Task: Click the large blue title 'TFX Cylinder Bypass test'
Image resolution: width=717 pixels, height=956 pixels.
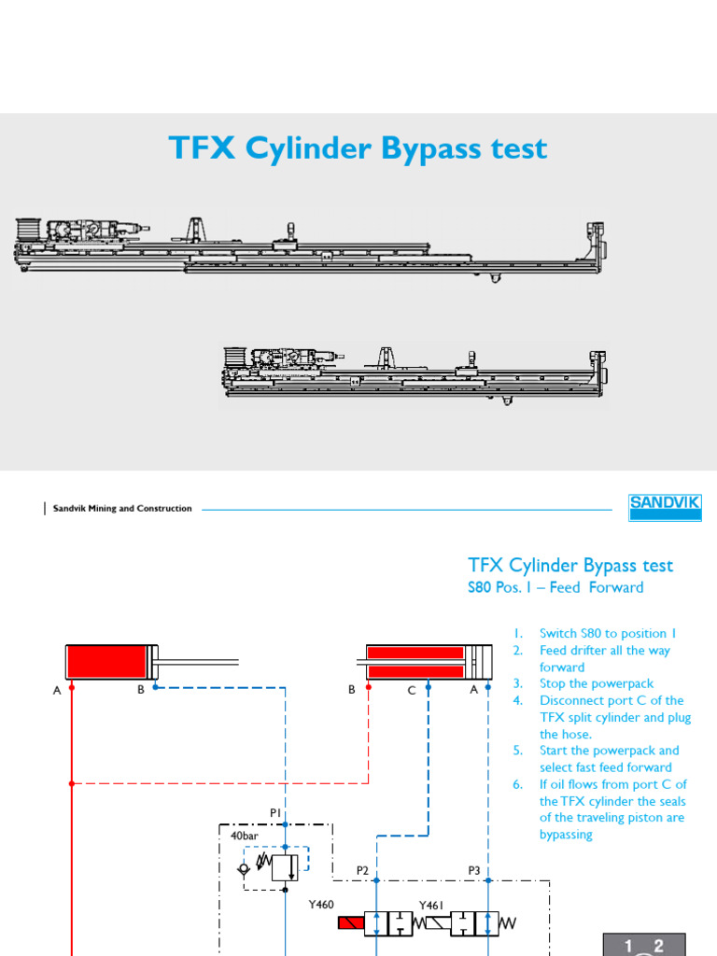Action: click(x=358, y=149)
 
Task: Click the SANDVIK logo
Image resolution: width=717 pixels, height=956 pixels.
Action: click(x=664, y=508)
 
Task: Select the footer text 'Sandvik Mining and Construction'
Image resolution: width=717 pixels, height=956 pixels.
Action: click(x=122, y=509)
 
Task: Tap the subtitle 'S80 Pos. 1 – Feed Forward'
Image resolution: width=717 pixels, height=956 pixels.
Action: click(x=555, y=587)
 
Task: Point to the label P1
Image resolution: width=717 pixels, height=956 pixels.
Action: click(x=275, y=813)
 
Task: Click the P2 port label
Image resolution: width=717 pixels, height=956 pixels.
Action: click(x=363, y=871)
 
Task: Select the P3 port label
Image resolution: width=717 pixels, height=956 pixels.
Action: click(x=474, y=871)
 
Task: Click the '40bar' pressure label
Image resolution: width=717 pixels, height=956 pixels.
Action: click(x=245, y=836)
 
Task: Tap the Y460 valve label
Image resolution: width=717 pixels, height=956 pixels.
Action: click(x=322, y=905)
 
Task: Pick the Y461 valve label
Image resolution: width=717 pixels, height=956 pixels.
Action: click(x=432, y=905)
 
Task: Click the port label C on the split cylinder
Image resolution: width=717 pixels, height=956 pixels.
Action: click(x=411, y=691)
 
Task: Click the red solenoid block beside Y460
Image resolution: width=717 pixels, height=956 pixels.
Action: click(x=350, y=924)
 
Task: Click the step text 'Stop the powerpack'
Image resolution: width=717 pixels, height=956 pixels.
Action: click(x=596, y=683)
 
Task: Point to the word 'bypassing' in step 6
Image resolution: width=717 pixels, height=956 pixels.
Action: click(x=566, y=835)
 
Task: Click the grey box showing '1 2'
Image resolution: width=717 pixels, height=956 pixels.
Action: click(x=643, y=945)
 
